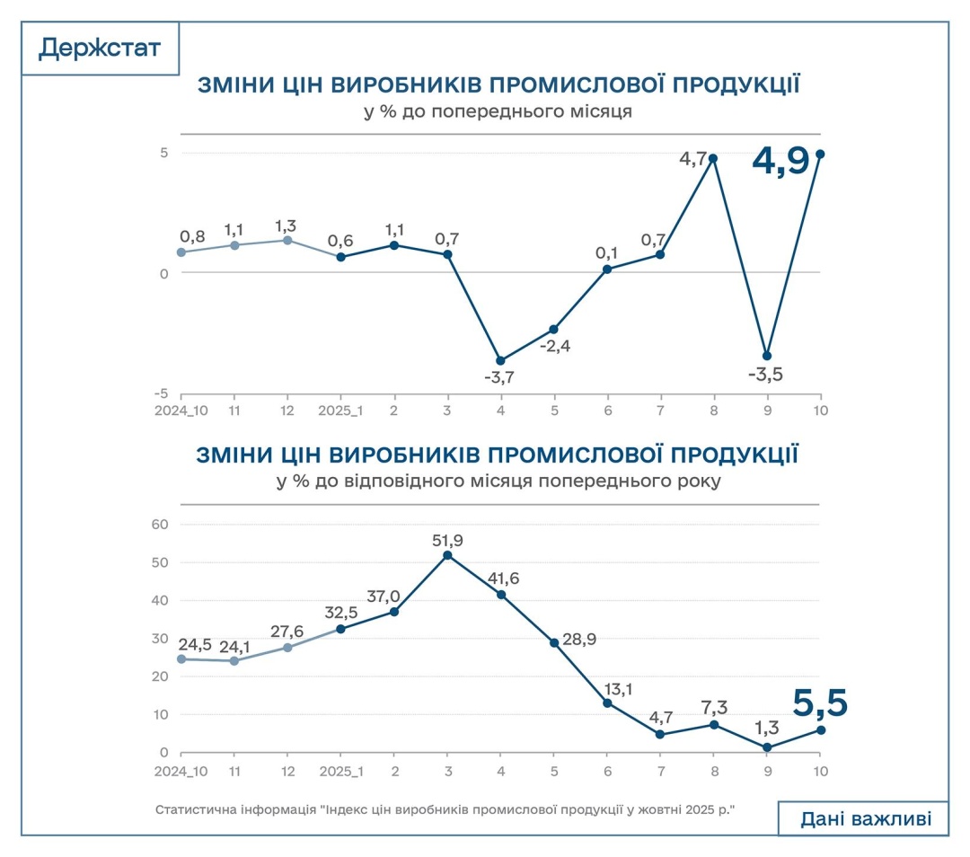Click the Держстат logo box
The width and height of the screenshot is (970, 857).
(100, 48)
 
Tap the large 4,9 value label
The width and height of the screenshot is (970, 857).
(780, 163)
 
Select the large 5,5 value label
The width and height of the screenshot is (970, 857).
(820, 704)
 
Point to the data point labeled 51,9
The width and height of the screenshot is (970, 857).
(447, 555)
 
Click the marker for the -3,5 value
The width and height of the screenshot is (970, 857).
(766, 356)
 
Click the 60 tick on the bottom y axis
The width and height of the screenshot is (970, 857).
(162, 524)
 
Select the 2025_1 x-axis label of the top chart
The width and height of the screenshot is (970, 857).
(341, 411)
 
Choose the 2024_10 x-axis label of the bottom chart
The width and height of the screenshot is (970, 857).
(181, 771)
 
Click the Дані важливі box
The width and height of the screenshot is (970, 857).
(862, 818)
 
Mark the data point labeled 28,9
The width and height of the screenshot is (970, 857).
(554, 642)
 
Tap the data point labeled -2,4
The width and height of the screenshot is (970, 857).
(554, 330)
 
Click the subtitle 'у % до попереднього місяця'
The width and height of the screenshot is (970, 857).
(498, 112)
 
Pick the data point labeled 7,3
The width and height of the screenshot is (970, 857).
(714, 724)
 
